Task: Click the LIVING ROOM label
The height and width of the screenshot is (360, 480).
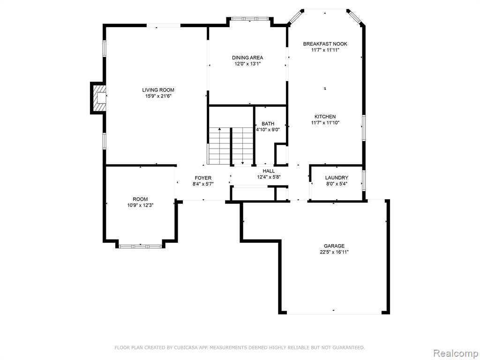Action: (x=158, y=90)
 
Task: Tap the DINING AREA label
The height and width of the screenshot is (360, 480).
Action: (x=247, y=58)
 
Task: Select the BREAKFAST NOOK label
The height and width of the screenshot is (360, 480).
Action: (x=325, y=44)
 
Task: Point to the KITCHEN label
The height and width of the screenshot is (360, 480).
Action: (x=325, y=117)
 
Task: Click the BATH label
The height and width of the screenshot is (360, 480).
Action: (x=268, y=124)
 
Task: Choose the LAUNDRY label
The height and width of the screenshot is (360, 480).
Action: (x=337, y=178)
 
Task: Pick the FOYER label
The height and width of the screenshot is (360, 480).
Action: (x=203, y=178)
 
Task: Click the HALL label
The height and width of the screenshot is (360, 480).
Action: (x=269, y=171)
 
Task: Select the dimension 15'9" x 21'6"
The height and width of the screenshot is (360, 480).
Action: (x=158, y=96)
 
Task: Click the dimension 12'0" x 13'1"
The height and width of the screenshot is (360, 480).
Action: (x=247, y=64)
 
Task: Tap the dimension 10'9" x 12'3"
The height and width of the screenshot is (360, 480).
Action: (x=140, y=205)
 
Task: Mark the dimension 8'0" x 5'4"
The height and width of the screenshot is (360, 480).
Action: (x=337, y=184)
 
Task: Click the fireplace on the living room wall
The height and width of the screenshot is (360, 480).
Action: (x=98, y=98)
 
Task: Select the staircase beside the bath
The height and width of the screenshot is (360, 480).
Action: (x=231, y=146)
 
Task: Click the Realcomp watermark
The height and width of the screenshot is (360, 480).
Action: (x=456, y=353)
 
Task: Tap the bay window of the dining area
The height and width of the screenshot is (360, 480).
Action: (x=250, y=19)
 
